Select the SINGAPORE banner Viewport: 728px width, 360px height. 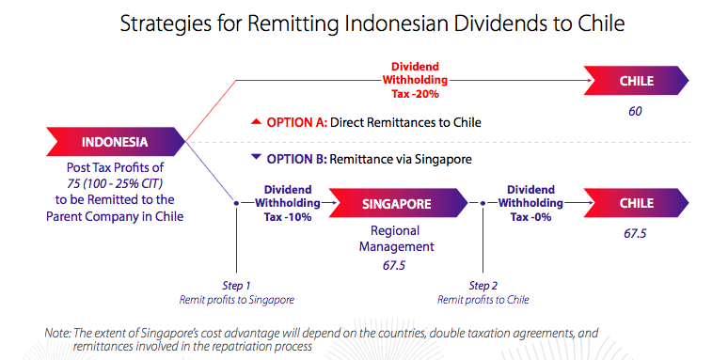(396, 203)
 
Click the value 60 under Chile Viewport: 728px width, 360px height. (635, 112)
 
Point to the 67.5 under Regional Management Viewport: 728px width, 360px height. (395, 266)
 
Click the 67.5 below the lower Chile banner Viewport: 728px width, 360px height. (635, 233)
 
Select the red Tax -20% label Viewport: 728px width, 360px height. (415, 94)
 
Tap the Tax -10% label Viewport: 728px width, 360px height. (287, 216)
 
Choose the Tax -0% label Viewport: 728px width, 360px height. (529, 216)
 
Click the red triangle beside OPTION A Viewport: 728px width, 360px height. (255, 122)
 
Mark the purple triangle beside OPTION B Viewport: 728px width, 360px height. (255, 159)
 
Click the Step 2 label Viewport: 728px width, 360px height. (483, 286)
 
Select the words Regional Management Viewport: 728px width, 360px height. (395, 239)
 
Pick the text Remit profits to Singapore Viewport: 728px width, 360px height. (236, 299)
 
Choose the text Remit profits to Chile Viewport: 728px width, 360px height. (483, 299)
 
